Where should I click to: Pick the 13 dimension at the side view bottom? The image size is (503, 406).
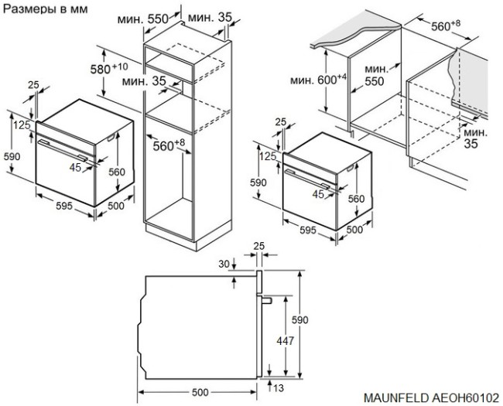(x=280, y=387)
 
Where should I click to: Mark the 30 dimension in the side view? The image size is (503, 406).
(x=224, y=265)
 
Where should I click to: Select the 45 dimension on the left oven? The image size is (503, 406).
(x=75, y=166)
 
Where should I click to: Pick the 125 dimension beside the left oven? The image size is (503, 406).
(x=21, y=125)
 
